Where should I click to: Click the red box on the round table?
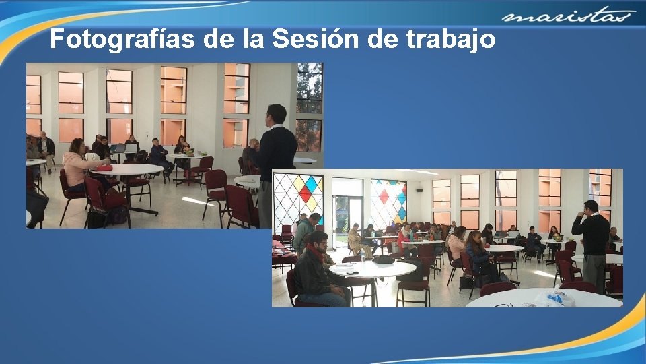pyautogui.click(x=103, y=167)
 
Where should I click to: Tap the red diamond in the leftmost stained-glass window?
pyautogui.click(x=306, y=193)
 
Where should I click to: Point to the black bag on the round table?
pyautogui.click(x=384, y=260)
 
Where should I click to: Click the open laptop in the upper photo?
pyautogui.click(x=120, y=148)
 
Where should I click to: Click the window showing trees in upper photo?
pyautogui.click(x=310, y=88)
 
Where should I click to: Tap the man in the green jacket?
pyautogui.click(x=304, y=233)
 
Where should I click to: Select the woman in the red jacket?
pyautogui.click(x=405, y=239)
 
